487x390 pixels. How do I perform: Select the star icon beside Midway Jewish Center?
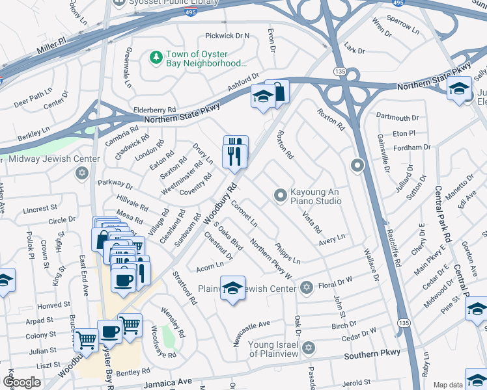(x=81, y=173)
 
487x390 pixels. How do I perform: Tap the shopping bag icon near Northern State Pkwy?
(x=278, y=92)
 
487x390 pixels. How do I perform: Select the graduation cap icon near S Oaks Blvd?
(x=232, y=288)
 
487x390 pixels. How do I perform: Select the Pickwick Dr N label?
(x=227, y=35)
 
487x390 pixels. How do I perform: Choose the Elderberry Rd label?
(x=154, y=110)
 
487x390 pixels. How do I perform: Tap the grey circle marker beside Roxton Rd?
(x=357, y=165)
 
